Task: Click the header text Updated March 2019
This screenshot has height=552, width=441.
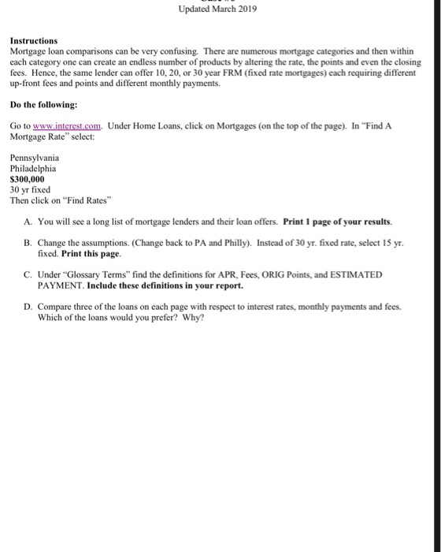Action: tap(217, 9)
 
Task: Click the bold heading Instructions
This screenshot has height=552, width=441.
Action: tap(33, 39)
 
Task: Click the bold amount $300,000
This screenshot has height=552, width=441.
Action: tap(27, 179)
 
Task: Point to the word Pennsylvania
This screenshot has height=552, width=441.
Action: tap(34, 158)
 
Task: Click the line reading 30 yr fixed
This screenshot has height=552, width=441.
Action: tap(30, 189)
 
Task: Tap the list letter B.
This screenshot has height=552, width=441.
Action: tap(28, 245)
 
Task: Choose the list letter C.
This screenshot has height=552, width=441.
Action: tap(28, 274)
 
